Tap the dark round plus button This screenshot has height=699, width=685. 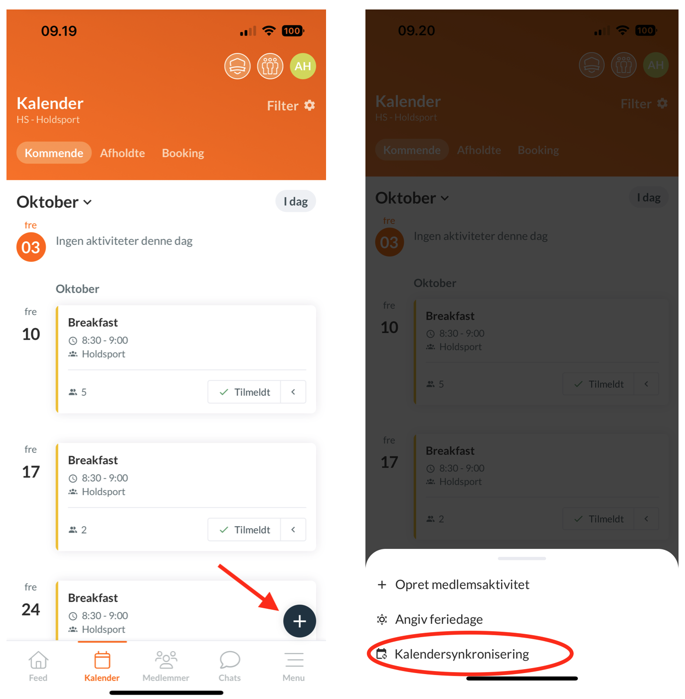pos(299,621)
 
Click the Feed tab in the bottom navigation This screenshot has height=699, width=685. pos(38,666)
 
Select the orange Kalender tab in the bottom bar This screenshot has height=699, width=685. pos(102,666)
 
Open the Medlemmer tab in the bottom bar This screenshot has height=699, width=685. pos(166,666)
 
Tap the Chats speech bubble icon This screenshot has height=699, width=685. pos(230,660)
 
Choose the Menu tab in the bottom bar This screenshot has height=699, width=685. pos(294,666)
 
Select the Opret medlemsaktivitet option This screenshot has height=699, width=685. pos(462,584)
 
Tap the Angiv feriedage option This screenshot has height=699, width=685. pos(438,619)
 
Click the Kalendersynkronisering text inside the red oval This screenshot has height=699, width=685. pos(462,654)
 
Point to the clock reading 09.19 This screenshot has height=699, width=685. pos(59,31)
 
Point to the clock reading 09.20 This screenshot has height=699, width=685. pos(416,31)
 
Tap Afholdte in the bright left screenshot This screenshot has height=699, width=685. pos(122,153)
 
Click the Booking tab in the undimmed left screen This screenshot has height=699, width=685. pos(183,153)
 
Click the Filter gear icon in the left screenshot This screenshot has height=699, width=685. pos(310,105)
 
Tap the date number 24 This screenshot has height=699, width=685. pos(31,609)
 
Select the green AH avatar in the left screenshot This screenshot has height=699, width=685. pos(303,66)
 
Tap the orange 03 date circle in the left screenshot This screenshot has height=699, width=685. pos(31,247)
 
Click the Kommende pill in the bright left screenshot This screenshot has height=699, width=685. pos(54,153)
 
